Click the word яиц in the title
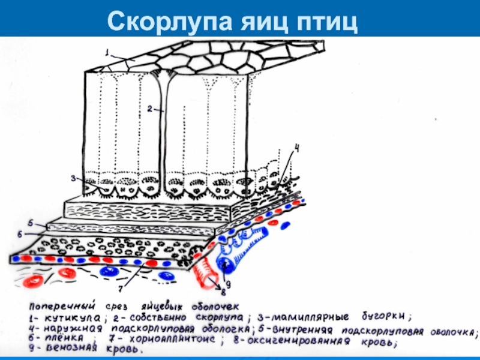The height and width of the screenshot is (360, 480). coord(254,22)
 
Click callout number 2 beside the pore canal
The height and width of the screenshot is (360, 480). coord(149,109)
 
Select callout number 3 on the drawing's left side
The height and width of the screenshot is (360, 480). coord(73,178)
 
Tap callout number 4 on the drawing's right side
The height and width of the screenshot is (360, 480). coord(296,147)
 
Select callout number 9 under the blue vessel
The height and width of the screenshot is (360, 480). coord(227,283)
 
